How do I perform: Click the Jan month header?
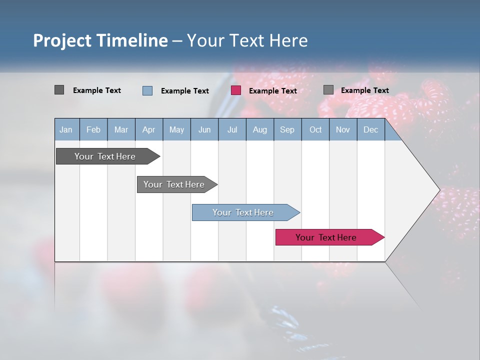[x=66, y=130]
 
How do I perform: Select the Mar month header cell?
[x=121, y=130]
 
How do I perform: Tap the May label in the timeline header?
[x=176, y=130]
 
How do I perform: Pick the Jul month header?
[x=232, y=130]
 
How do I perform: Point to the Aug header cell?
[x=259, y=130]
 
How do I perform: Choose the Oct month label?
[x=315, y=130]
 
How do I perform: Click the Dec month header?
[x=370, y=130]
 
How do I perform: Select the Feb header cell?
[x=93, y=130]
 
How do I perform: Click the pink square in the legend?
[x=236, y=90]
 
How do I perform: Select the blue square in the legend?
[x=147, y=90]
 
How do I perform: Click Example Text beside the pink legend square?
[x=272, y=91]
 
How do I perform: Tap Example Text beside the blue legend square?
[x=184, y=91]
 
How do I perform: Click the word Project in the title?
[x=63, y=41]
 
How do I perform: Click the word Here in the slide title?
[x=288, y=41]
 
